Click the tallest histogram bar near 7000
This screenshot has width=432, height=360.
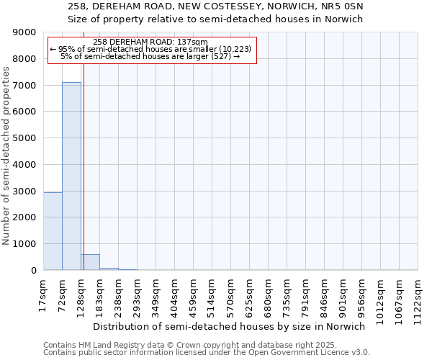[71, 176]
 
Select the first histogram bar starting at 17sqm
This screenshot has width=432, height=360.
[53, 231]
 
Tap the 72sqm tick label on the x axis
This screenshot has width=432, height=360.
[63, 292]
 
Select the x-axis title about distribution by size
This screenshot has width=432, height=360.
[229, 326]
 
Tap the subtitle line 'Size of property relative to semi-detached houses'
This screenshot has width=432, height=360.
[215, 19]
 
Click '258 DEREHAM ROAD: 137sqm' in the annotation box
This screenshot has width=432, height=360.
[150, 42]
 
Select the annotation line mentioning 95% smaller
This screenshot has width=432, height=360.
[150, 49]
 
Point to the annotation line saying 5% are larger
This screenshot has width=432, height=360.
[150, 55]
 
